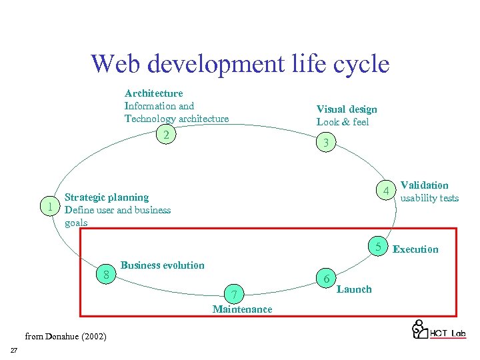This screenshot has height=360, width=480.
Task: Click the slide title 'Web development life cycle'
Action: pyautogui.click(x=240, y=65)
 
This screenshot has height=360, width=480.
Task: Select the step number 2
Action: pyautogui.click(x=167, y=135)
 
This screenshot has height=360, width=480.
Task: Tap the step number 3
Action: pyautogui.click(x=325, y=143)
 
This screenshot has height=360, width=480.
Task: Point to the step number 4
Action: pyautogui.click(x=385, y=192)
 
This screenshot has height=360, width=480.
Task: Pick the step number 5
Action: pyautogui.click(x=377, y=247)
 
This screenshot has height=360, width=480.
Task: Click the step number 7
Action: pyautogui.click(x=233, y=295)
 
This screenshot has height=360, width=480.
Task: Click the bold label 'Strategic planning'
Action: pyautogui.click(x=107, y=197)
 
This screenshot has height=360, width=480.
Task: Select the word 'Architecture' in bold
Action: pyautogui.click(x=153, y=93)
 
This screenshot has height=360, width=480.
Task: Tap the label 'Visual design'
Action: pyautogui.click(x=346, y=109)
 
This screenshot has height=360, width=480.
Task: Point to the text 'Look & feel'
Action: pyautogui.click(x=342, y=122)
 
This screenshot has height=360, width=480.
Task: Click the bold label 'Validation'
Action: pyautogui.click(x=424, y=185)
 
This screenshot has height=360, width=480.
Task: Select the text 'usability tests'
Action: pyautogui.click(x=429, y=198)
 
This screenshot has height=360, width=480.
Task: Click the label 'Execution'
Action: pyautogui.click(x=415, y=249)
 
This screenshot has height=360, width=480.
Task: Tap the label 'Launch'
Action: pyautogui.click(x=354, y=289)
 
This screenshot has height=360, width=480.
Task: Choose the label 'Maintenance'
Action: pyautogui.click(x=242, y=309)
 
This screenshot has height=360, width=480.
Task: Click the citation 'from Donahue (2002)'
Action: pyautogui.click(x=65, y=336)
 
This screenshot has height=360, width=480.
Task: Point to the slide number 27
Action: pyautogui.click(x=13, y=351)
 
